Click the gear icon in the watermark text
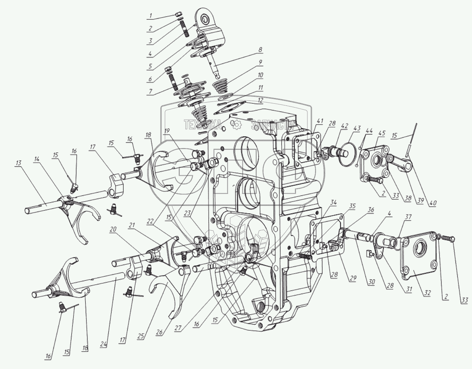point(237,124)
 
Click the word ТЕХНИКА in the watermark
point(202,124)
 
